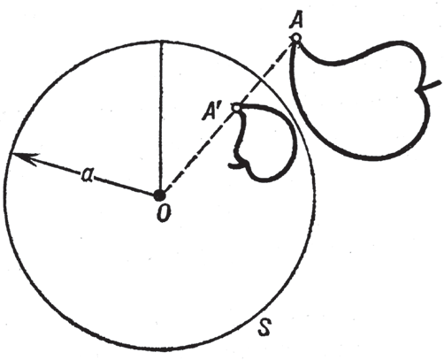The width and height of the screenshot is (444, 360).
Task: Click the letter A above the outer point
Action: (x=296, y=21)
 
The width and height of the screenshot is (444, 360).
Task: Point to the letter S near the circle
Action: (x=264, y=327)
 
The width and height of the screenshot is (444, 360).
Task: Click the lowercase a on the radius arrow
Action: (x=87, y=174)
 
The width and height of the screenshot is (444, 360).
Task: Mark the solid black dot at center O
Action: (x=160, y=195)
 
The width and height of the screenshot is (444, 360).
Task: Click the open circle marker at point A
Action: (x=296, y=38)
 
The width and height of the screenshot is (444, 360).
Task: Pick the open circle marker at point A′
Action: (x=236, y=108)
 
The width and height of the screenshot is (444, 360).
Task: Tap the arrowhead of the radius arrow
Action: (x=25, y=157)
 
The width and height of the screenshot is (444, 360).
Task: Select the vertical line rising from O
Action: (x=161, y=118)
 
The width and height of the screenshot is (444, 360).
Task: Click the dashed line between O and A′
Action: (x=198, y=151)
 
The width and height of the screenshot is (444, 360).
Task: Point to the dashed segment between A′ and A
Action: (x=266, y=73)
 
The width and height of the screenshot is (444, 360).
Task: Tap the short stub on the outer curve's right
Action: (x=431, y=86)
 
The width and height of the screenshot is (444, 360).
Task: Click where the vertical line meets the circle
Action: (x=161, y=41)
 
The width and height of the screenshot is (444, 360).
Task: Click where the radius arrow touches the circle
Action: (x=11, y=154)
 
